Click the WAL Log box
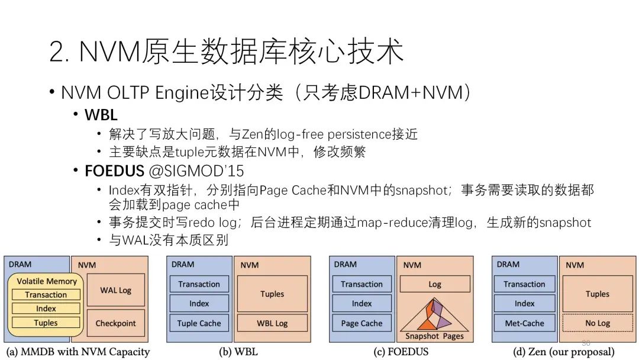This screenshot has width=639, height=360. [116, 290]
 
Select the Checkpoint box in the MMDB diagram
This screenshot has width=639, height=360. [116, 323]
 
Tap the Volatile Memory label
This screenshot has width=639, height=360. [47, 281]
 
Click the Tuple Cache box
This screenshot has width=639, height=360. [199, 323]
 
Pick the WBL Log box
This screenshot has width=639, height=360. [272, 323]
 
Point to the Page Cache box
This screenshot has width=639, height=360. [362, 323]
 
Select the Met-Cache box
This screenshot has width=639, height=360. [524, 323]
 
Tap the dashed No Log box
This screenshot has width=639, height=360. [598, 323]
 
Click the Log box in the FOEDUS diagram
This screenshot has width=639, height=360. [435, 284]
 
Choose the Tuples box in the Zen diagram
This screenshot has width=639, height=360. [598, 294]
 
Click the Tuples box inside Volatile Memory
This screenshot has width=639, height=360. [46, 323]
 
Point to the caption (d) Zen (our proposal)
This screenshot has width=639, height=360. [564, 352]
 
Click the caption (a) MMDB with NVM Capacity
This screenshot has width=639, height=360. [78, 352]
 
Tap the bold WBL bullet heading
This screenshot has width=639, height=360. [101, 115]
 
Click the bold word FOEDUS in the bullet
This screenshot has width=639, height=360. [114, 171]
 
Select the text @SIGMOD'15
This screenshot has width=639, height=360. [196, 171]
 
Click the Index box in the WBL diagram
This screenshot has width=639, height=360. [199, 303]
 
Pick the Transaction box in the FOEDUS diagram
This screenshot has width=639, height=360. [362, 284]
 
